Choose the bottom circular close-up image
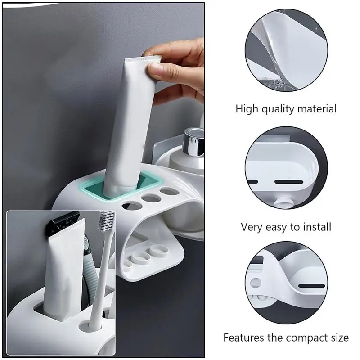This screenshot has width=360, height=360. pyautogui.click(x=287, y=281)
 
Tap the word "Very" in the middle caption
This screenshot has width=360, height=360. pyautogui.click(x=252, y=227)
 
